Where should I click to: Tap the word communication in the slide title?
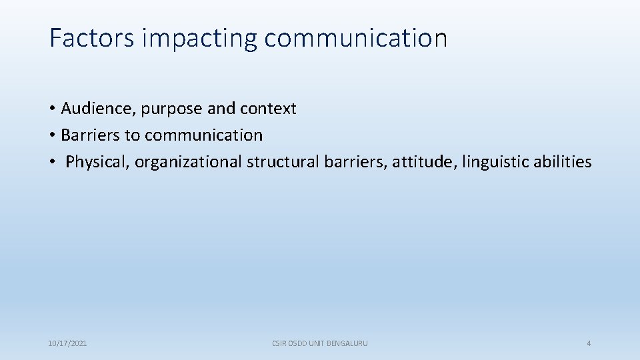355,38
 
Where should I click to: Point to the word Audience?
98,108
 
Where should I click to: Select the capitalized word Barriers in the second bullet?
91,135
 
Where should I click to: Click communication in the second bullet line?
203,135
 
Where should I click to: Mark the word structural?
283,162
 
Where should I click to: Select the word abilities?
562,162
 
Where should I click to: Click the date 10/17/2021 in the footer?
67,343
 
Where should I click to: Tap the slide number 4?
589,343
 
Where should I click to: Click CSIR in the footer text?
279,343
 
